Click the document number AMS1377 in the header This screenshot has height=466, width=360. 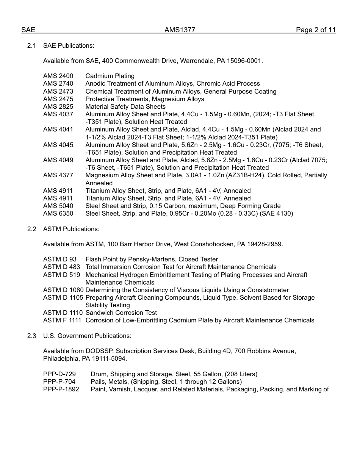[x=180, y=30]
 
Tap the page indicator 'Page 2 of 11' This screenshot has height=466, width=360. [x=316, y=30]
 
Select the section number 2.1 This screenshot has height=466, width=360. [x=31, y=45]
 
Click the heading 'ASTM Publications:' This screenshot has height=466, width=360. [x=71, y=229]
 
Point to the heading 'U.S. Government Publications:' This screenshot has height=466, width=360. [x=87, y=336]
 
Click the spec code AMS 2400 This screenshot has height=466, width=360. [x=58, y=76]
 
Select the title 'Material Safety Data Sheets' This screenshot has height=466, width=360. [x=125, y=106]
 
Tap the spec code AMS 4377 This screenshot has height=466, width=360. [x=58, y=175]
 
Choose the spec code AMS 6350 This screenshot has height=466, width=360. [x=58, y=213]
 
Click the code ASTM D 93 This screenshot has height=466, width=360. [x=59, y=260]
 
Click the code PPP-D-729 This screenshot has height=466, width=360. [x=59, y=374]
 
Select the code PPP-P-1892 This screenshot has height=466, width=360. [x=61, y=389]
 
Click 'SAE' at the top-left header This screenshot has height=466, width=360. [x=28, y=30]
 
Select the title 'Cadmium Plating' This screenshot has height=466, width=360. [x=110, y=76]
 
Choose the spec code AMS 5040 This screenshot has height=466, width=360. [x=58, y=206]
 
